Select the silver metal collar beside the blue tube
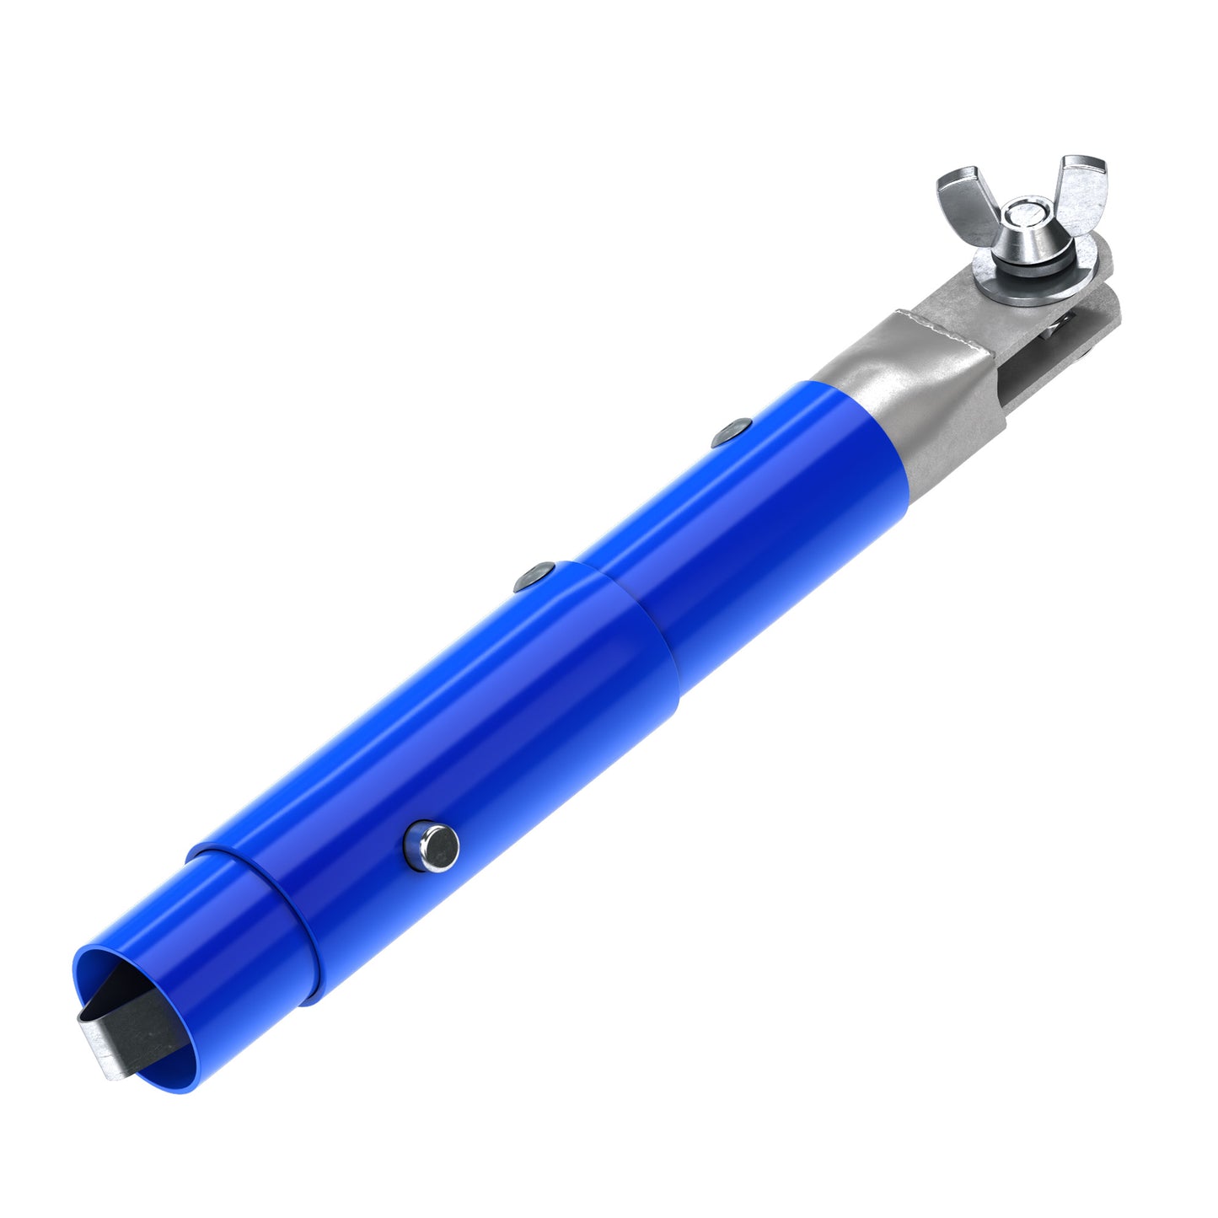(x=910, y=405)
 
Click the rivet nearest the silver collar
(x=731, y=432)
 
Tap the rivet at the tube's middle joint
(x=535, y=577)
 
